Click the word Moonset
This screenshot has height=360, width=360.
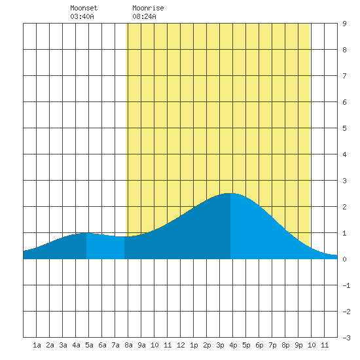tap(84, 8)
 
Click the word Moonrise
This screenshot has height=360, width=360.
tap(148, 8)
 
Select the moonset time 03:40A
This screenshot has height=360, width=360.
tap(82, 16)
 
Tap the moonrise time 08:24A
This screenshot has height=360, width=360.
tap(144, 16)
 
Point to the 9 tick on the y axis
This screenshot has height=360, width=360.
tap(344, 24)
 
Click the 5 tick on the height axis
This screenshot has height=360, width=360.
tap(344, 128)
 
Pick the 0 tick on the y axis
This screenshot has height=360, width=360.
tap(344, 259)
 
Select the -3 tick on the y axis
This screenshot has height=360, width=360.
tap(346, 338)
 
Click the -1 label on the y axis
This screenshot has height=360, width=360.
tap(346, 285)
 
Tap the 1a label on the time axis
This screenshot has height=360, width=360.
tap(37, 345)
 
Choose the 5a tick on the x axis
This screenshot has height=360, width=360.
tap(89, 345)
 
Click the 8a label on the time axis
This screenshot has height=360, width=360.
tap(128, 345)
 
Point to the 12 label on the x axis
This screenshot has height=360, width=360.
tap(181, 345)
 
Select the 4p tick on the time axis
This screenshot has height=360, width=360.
tap(233, 345)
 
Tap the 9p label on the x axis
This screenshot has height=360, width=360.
tap(298, 345)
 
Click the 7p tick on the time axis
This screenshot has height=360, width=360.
tap(272, 345)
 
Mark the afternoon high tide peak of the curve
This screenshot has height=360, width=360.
tap(230, 193)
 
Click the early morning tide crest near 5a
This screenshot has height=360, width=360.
tap(86, 233)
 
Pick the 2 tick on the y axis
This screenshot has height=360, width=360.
tap(344, 207)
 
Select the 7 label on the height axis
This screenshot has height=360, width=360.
tap(344, 76)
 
